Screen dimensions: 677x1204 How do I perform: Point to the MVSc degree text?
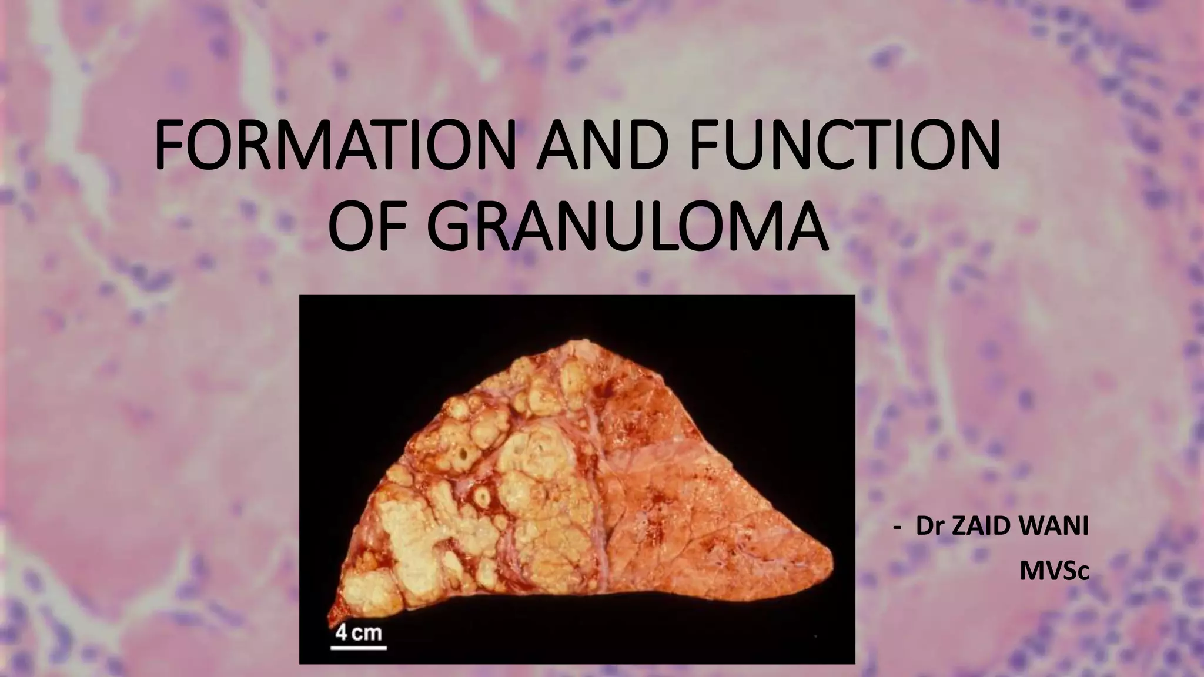pos(1053,571)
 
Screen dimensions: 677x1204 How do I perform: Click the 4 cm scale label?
pos(359,633)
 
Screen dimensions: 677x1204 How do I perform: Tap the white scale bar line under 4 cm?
pos(359,648)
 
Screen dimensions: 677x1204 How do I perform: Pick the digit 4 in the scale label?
pos(341,633)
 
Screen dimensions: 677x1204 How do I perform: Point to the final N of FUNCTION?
pos(977,145)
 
